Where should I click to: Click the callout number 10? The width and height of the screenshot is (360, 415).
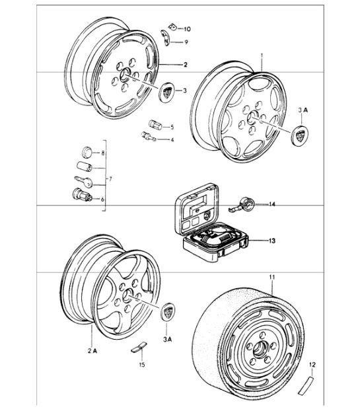pyautogui.click(x=187, y=29)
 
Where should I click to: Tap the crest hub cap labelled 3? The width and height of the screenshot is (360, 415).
pyautogui.click(x=168, y=91)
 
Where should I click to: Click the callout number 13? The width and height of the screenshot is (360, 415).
pyautogui.click(x=273, y=241)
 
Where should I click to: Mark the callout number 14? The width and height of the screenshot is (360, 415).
pyautogui.click(x=272, y=205)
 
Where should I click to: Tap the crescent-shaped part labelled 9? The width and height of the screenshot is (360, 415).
pyautogui.click(x=166, y=40)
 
